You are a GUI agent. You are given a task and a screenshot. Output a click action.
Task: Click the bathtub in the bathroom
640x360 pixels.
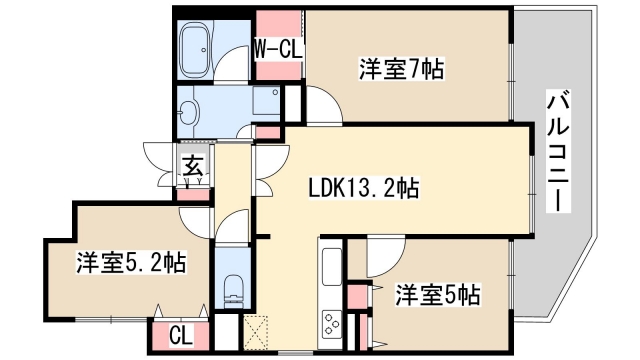196,47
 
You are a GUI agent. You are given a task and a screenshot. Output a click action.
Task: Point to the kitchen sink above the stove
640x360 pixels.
331,268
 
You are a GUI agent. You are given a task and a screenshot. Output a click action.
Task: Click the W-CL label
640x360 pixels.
277,48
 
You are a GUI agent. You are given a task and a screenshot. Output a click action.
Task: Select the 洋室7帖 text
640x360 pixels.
401,69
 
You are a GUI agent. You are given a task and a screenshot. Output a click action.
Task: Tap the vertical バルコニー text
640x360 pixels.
559,150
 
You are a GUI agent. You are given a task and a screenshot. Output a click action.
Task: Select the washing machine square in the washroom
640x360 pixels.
266,101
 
